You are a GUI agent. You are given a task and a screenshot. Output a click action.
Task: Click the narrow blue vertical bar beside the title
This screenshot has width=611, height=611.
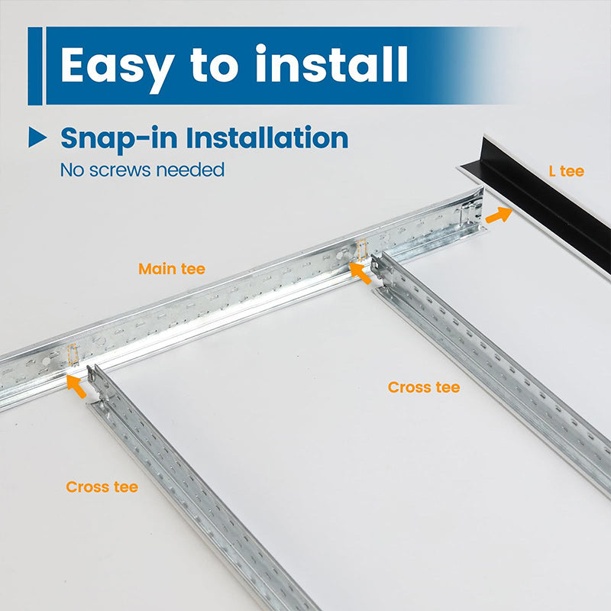34,66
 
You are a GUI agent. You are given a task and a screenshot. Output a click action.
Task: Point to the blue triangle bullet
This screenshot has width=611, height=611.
37,137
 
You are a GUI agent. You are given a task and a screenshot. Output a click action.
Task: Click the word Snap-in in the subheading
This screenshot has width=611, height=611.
119,139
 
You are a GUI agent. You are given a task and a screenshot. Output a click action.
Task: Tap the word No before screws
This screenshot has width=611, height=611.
70,170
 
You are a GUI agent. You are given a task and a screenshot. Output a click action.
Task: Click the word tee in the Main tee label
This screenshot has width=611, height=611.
192,269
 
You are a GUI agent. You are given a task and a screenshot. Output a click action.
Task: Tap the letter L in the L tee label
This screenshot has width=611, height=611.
553,171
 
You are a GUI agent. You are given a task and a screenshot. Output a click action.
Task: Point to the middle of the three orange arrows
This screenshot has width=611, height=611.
360,272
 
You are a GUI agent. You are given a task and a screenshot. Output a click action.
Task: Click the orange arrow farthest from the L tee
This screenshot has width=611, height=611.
76,386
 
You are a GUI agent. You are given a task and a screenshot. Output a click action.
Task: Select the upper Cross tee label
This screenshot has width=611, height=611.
424,387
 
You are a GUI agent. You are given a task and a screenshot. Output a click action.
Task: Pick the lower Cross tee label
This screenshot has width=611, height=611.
102,487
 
